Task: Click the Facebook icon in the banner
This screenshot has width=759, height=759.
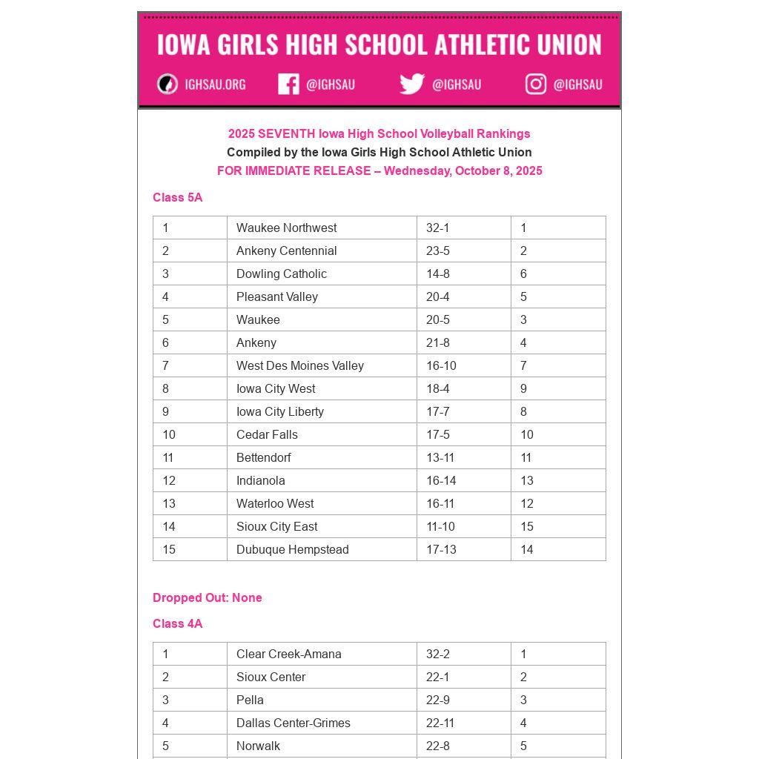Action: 288,84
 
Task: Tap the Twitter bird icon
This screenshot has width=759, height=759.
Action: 412,84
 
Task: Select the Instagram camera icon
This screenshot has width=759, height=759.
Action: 536,84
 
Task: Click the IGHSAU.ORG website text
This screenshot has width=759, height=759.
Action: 215,84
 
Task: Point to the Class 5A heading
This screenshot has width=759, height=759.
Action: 177,197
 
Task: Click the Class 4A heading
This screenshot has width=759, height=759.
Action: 177,623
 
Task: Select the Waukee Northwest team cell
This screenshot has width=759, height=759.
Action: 286,228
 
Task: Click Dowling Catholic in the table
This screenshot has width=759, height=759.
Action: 282,274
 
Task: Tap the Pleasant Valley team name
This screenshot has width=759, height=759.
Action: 277,296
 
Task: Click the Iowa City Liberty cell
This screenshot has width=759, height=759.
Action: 280,411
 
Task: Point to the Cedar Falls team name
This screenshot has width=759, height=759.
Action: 267,434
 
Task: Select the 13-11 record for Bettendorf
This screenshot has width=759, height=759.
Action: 440,457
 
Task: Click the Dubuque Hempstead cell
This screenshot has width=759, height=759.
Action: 293,549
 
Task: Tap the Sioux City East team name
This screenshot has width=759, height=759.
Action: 276,526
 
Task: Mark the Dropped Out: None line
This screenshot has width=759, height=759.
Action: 208,597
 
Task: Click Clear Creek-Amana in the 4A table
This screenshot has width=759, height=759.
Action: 289,654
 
